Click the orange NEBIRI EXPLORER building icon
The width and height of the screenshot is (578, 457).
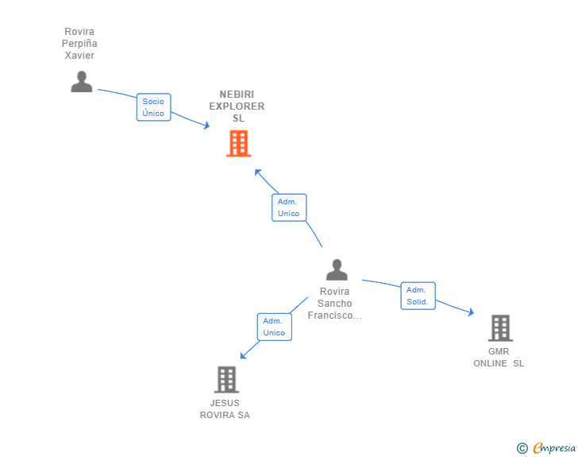[238, 144]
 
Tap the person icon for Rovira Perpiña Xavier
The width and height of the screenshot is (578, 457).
[81, 82]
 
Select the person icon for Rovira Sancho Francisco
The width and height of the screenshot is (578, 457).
[337, 270]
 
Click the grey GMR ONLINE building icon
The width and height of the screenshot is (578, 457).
[499, 327]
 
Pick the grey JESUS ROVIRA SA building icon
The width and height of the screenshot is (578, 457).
[226, 379]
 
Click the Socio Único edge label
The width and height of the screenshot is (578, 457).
[153, 107]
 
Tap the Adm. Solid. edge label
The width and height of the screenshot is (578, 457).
[418, 296]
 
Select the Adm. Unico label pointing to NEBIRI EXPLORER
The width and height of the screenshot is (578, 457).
[288, 207]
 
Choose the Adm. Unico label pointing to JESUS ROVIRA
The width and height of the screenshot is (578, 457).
[274, 327]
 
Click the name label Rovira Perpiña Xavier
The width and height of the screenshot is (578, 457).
[79, 44]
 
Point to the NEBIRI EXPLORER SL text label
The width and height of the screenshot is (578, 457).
[237, 106]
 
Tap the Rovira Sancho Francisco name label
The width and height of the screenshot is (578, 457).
[334, 304]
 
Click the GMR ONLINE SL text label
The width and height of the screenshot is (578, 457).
[499, 358]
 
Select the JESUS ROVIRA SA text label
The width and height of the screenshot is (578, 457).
[225, 409]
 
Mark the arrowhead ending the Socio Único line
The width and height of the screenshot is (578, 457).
[206, 126]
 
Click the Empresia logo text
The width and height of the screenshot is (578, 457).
[554, 448]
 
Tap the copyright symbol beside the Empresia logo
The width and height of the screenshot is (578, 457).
[522, 448]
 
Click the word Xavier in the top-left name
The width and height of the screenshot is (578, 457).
[79, 56]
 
